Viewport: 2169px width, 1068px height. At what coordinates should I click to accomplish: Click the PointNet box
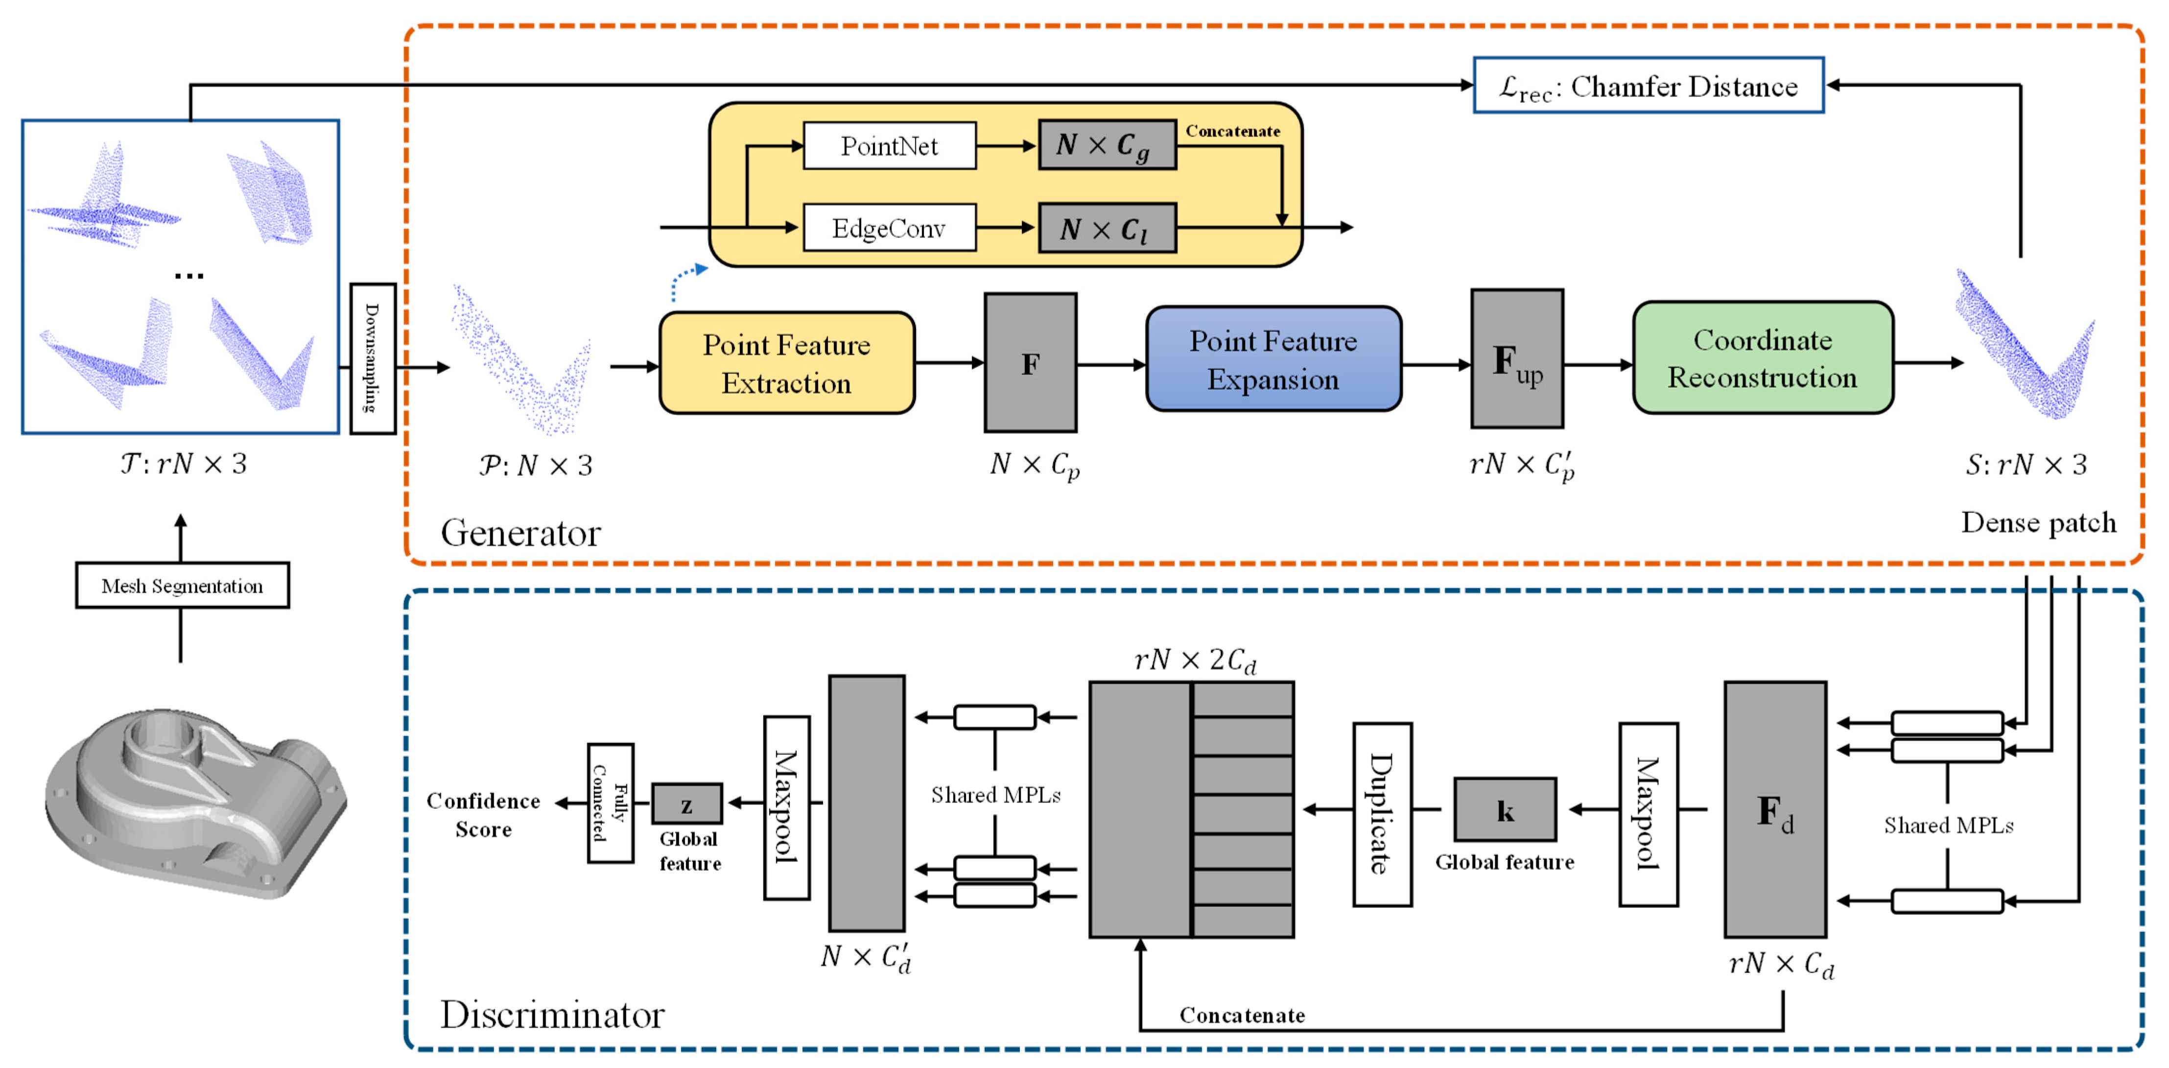[x=889, y=146]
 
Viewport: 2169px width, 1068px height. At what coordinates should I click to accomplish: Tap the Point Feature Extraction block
[x=786, y=363]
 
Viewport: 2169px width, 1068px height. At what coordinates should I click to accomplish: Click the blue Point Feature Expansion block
[x=1273, y=359]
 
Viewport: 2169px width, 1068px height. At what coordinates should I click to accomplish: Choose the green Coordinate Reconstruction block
[x=1762, y=358]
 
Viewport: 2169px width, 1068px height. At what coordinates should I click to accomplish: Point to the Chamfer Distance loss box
[x=1648, y=85]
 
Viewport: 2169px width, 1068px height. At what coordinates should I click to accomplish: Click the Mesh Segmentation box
[x=182, y=585]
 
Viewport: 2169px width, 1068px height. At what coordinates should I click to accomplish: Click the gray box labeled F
[x=1030, y=363]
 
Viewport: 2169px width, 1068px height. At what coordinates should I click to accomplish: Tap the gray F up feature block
[x=1516, y=359]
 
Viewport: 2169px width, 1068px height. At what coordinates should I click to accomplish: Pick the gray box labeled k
[x=1505, y=809]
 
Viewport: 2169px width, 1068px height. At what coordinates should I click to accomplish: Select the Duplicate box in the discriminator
[x=1382, y=814]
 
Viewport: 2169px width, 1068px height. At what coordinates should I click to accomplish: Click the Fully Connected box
[x=611, y=803]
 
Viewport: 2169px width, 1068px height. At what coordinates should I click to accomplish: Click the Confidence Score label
[x=483, y=814]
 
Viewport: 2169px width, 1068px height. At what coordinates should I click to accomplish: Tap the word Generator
[x=520, y=532]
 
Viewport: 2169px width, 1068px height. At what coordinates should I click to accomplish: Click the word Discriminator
[x=552, y=1014]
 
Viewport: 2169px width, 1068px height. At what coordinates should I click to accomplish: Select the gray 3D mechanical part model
[x=195, y=800]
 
